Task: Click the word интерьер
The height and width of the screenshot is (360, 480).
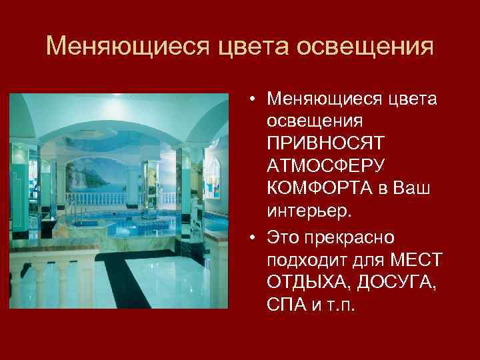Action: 307,209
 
